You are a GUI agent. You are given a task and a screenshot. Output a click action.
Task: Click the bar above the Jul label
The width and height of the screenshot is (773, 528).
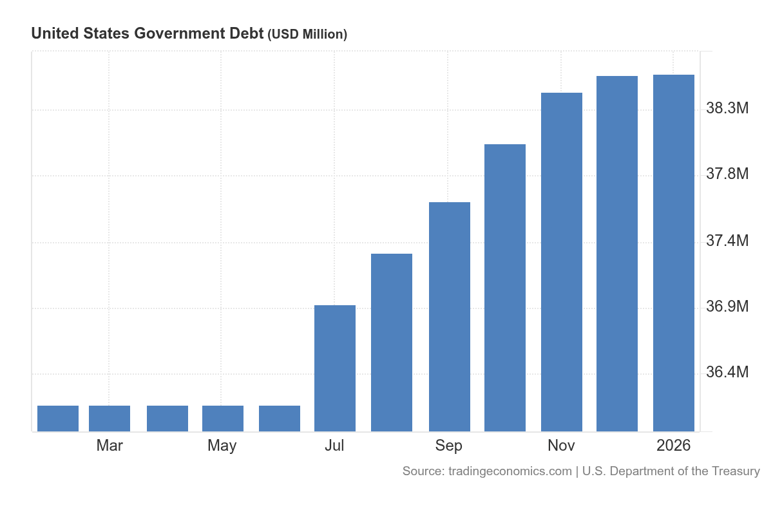click(x=335, y=368)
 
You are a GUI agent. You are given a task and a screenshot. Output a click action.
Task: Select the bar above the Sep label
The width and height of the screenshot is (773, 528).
click(x=450, y=317)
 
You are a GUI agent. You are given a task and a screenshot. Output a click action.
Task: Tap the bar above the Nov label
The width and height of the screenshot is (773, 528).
click(x=562, y=262)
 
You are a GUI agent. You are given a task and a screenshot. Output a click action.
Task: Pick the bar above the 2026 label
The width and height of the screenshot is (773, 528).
click(x=674, y=253)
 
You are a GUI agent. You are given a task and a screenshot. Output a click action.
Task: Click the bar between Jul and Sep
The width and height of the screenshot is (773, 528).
click(x=392, y=343)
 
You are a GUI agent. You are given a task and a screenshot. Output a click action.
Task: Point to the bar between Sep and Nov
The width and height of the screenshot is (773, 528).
click(x=505, y=288)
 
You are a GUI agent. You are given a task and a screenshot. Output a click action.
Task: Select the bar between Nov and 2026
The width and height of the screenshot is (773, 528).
click(x=617, y=254)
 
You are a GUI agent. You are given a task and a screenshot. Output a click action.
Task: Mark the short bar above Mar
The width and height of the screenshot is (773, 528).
click(x=110, y=419)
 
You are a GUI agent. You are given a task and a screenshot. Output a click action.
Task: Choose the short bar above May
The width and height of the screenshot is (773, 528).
click(x=223, y=419)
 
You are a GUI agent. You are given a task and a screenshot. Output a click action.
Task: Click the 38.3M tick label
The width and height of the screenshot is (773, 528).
click(x=727, y=108)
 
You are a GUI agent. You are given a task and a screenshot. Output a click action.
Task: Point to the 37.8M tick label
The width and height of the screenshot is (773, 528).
click(x=727, y=174)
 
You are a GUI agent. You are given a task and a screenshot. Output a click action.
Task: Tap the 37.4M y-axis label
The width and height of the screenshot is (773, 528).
click(x=727, y=241)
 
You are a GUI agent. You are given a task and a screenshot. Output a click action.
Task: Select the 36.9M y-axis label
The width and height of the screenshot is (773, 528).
click(x=727, y=306)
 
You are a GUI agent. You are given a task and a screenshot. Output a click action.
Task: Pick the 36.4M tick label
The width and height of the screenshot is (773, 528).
click(x=727, y=373)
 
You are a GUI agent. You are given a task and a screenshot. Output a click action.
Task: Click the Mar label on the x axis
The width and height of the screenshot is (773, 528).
click(x=110, y=446)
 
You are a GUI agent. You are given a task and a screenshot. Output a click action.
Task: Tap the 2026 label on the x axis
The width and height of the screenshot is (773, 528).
click(x=673, y=446)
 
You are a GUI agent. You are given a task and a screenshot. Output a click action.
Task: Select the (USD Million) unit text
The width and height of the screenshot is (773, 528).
click(x=307, y=35)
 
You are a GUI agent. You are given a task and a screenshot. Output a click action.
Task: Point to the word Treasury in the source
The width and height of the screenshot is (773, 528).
click(x=735, y=471)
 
